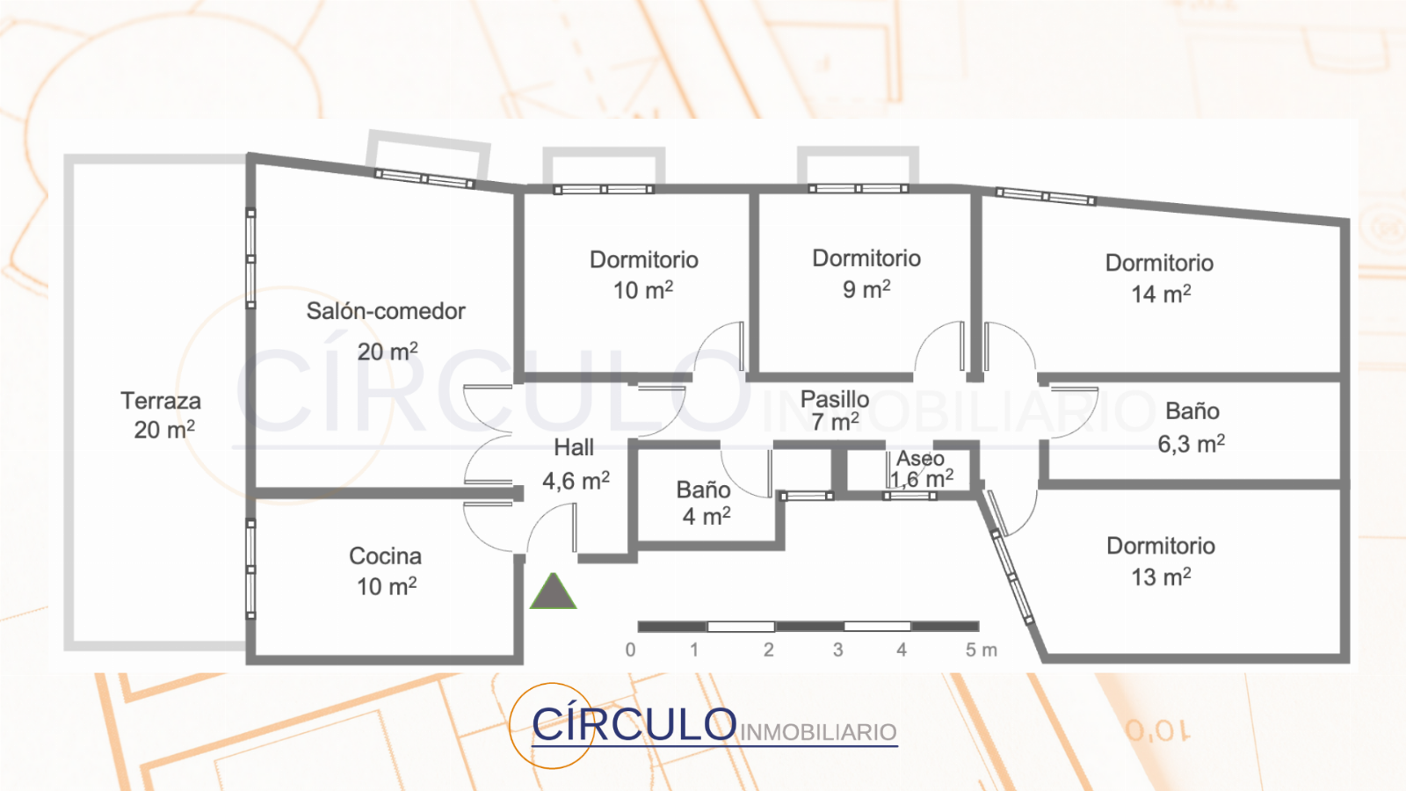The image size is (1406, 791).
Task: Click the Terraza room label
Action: (x=161, y=401)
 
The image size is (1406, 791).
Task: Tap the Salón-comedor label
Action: (x=386, y=311)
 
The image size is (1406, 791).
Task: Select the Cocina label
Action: (x=385, y=555)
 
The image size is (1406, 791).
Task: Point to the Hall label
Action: (x=574, y=447)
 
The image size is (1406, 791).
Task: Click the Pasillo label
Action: (x=835, y=399)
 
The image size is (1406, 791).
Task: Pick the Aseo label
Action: (x=920, y=458)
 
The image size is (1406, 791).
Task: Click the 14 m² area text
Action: (x=1161, y=294)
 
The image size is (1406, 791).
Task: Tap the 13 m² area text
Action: (x=1161, y=577)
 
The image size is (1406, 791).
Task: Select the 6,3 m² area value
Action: (x=1191, y=444)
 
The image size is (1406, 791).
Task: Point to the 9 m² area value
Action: (x=866, y=289)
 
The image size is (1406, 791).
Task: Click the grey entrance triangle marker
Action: (x=553, y=592)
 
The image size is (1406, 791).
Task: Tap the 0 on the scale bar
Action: (x=630, y=649)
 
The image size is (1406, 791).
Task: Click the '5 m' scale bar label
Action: (x=981, y=649)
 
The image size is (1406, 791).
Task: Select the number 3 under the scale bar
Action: (x=837, y=649)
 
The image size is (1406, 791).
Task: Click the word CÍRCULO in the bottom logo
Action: (x=634, y=723)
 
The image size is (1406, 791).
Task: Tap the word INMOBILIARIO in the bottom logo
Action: (x=818, y=732)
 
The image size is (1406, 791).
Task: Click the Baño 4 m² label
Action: (x=705, y=503)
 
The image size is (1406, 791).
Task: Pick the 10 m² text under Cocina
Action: (x=387, y=586)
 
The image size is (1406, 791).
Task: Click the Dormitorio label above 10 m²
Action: (x=643, y=259)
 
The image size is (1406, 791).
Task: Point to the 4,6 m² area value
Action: (x=576, y=481)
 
